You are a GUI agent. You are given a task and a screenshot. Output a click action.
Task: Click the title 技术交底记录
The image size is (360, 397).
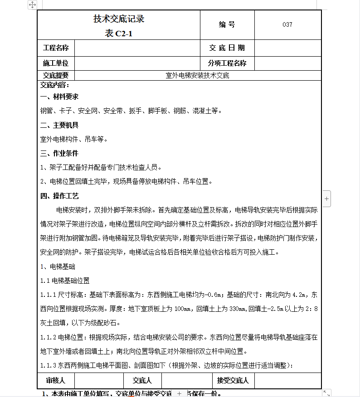pyautogui.click(x=119, y=19)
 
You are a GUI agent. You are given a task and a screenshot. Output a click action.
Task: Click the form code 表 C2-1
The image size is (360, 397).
pyautogui.click(x=119, y=33)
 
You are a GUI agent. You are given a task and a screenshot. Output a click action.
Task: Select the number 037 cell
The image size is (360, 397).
pyautogui.click(x=287, y=25)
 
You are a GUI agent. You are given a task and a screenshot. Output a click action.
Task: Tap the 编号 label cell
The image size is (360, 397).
pyautogui.click(x=227, y=25)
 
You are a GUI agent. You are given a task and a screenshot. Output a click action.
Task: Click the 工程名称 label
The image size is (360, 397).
pyautogui.click(x=56, y=48)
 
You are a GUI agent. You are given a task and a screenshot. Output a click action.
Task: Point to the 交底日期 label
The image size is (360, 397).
pyautogui.click(x=227, y=48)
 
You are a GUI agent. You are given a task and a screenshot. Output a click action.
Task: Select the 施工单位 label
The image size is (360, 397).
pyautogui.click(x=56, y=63)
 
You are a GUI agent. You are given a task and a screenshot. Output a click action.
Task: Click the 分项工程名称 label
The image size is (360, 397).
pyautogui.click(x=227, y=63)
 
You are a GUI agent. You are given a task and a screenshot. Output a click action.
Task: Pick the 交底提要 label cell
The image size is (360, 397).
pyautogui.click(x=56, y=75)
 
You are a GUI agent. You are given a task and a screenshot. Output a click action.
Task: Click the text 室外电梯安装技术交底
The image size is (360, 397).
pyautogui.click(x=198, y=75)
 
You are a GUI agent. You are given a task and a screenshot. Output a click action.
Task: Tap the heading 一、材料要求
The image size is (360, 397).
pyautogui.click(x=59, y=97)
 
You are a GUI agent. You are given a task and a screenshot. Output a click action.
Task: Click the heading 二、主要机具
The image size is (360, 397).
pyautogui.click(x=59, y=125)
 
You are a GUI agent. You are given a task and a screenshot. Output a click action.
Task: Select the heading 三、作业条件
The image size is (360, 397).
pyautogui.click(x=59, y=153)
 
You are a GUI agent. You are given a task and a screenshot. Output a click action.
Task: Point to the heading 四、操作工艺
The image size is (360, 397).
pyautogui.click(x=59, y=196)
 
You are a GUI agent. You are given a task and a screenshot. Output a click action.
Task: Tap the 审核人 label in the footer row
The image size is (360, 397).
pyautogui.click(x=56, y=380)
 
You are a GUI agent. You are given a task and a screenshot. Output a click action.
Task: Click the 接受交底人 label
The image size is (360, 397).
pyautogui.click(x=233, y=380)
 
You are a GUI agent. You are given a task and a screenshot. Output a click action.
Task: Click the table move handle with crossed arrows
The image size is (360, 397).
pyautogui.click(x=33, y=5)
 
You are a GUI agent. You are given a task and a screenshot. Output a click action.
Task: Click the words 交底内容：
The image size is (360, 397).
pyautogui.click(x=54, y=85)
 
